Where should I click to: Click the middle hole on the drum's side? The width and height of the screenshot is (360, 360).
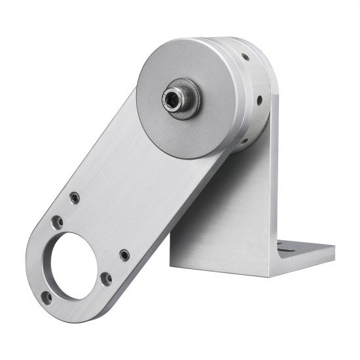coord(261,99)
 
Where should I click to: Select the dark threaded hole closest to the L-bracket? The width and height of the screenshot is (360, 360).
coord(123,253)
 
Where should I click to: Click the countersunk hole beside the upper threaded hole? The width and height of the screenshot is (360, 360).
coord(60,223)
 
